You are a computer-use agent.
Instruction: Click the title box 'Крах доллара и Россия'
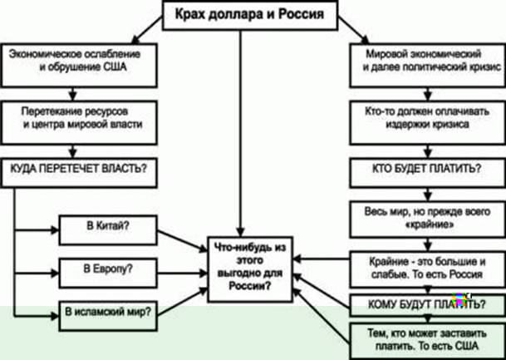[x=250, y=15]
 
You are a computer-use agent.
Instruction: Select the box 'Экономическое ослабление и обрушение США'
[x=79, y=65]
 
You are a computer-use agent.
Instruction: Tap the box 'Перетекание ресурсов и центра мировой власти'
[x=79, y=122]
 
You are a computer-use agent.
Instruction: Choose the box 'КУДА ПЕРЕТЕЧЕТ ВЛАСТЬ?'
[x=79, y=172]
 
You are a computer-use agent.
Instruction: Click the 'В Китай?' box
[x=108, y=230]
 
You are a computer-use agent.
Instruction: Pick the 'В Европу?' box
[x=108, y=274]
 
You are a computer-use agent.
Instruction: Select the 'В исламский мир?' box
[x=108, y=316]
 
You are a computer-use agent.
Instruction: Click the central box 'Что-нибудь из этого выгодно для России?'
[x=250, y=269]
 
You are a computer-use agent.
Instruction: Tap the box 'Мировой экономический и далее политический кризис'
[x=428, y=65]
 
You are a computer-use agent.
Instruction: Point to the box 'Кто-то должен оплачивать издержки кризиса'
[x=428, y=122]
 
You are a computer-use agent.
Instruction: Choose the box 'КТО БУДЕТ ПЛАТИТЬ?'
[x=428, y=172]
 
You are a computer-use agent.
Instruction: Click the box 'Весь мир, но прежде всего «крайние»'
[x=428, y=219]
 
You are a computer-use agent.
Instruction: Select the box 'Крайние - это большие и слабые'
[x=428, y=269]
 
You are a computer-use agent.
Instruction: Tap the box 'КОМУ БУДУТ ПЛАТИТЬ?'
[x=428, y=305]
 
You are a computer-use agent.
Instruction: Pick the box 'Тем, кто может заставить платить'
[x=428, y=341]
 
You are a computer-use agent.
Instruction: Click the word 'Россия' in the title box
[x=301, y=14]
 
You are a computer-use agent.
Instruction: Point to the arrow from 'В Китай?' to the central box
[x=182, y=241]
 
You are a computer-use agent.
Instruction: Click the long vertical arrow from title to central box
[x=240, y=133]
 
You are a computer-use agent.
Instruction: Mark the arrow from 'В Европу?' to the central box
[x=182, y=274]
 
